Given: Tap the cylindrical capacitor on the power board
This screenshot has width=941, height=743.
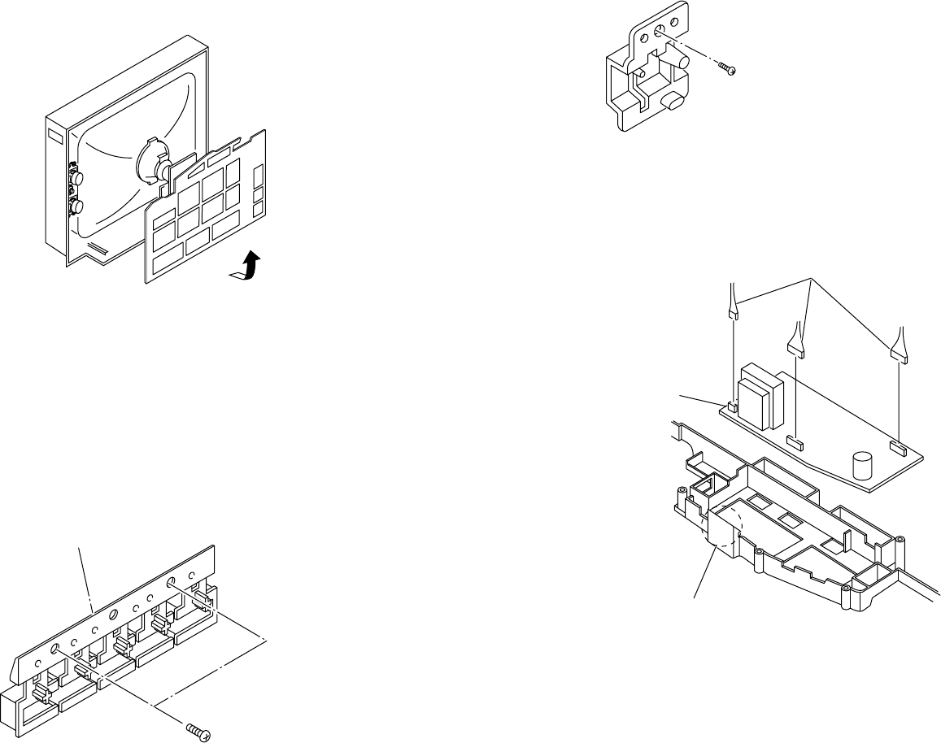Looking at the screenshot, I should click(x=862, y=467).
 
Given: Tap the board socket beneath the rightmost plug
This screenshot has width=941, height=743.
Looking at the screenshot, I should click(x=897, y=445).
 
